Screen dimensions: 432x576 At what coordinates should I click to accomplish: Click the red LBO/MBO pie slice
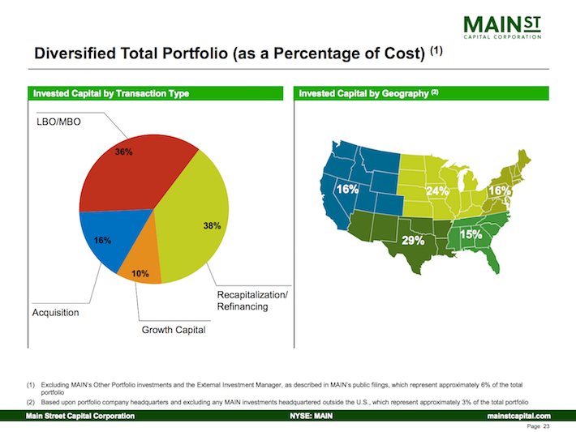pyautogui.click(x=138, y=174)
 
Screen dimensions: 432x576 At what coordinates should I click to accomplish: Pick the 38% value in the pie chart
pyautogui.click(x=212, y=226)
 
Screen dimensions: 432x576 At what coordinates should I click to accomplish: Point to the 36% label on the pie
pyautogui.click(x=123, y=152)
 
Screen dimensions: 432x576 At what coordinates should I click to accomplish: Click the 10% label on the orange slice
pyautogui.click(x=140, y=274)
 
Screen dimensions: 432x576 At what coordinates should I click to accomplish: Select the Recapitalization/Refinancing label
pyautogui.click(x=251, y=301)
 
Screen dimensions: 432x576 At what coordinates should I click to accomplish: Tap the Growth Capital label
pyautogui.click(x=174, y=330)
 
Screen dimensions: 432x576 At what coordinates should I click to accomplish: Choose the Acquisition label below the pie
pyautogui.click(x=56, y=312)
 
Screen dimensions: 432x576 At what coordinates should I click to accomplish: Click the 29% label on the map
pyautogui.click(x=415, y=241)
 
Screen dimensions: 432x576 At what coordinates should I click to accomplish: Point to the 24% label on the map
pyautogui.click(x=437, y=191)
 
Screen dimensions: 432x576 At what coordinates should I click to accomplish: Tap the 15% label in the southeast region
pyautogui.click(x=471, y=234)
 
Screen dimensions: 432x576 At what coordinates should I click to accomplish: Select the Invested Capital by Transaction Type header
pyautogui.click(x=111, y=94)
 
